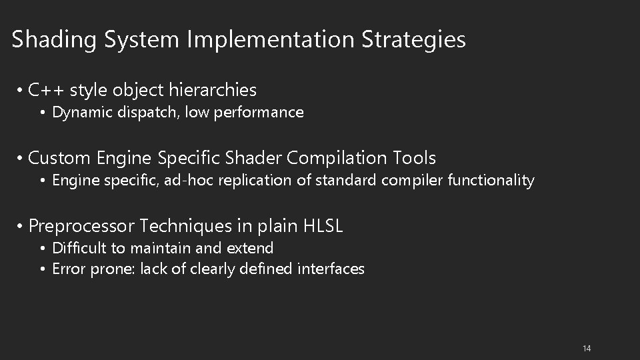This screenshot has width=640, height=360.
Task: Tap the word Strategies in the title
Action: [413, 39]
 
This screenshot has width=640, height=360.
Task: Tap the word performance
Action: [265, 113]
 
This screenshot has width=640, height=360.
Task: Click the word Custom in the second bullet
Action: [60, 158]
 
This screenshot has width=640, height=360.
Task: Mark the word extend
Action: [250, 249]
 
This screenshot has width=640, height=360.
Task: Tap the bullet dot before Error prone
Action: [41, 269]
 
